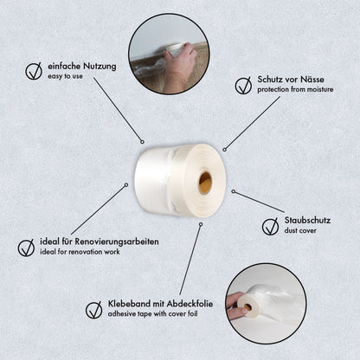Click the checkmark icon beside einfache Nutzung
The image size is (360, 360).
tap(34, 71)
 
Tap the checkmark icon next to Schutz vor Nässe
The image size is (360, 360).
tap(243, 85)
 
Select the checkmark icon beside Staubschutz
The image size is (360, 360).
tap(271, 226)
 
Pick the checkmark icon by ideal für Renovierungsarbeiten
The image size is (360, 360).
tap(26, 247)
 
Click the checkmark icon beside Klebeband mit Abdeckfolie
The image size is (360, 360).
tap(94, 310)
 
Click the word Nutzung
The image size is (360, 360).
tap(100, 67)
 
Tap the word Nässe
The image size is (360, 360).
tap(312, 80)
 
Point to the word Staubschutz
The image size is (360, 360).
tap(307, 221)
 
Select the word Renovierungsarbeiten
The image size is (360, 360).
tap(117, 241)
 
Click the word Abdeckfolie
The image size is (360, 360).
tap(190, 304)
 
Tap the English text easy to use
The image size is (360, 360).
tap(65, 76)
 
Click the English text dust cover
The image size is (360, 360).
tap(300, 231)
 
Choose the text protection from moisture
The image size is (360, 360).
tap(295, 90)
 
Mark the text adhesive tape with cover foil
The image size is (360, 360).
tap(153, 314)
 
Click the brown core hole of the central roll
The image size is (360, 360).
tap(205, 183)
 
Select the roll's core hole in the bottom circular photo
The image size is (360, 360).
tap(247, 307)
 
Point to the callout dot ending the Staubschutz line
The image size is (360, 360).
tap(234, 191)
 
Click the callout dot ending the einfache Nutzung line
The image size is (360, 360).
tap(142, 142)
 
